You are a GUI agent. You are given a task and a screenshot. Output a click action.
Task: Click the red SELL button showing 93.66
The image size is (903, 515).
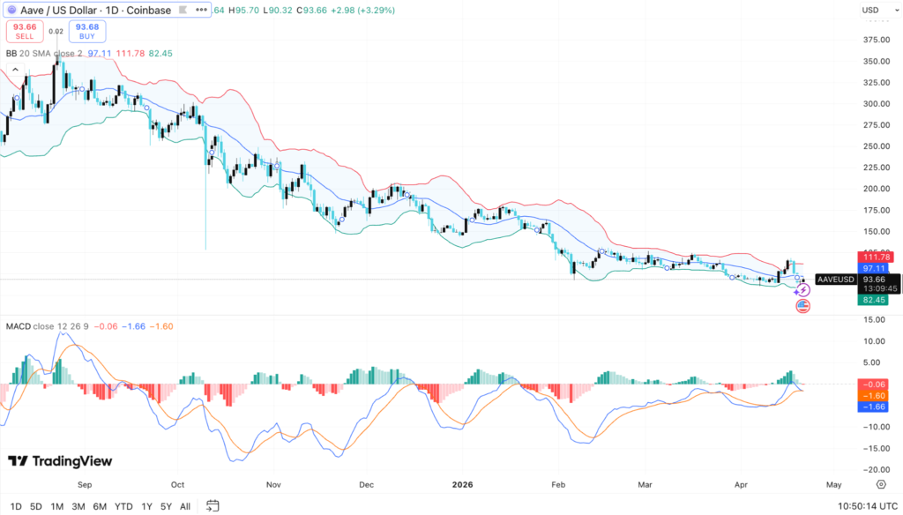23,31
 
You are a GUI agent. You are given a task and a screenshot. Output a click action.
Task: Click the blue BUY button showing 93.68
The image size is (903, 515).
87,31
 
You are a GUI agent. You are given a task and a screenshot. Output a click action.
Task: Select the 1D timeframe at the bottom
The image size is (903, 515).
15,506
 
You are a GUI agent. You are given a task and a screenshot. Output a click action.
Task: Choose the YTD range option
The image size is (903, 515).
123,506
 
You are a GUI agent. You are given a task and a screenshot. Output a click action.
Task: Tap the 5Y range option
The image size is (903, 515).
166,506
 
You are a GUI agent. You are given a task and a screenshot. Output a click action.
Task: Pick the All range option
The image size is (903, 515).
184,506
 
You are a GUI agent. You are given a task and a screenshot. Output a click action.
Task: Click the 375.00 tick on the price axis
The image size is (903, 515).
875,40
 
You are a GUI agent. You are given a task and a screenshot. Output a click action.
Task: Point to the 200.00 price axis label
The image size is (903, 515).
875,189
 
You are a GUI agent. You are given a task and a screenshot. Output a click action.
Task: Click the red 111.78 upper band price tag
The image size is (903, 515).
874,257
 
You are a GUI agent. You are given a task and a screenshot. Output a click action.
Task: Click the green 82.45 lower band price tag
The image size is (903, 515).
874,300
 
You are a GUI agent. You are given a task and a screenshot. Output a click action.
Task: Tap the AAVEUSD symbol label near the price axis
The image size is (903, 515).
835,280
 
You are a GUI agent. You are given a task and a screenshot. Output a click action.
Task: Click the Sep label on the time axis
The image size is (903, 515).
85,484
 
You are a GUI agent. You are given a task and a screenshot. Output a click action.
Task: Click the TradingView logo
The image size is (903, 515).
60,461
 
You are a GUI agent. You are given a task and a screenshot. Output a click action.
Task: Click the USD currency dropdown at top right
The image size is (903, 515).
871,10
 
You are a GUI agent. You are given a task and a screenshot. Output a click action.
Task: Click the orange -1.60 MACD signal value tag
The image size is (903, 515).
874,396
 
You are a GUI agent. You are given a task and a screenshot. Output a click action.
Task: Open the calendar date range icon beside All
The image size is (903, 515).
213,506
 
